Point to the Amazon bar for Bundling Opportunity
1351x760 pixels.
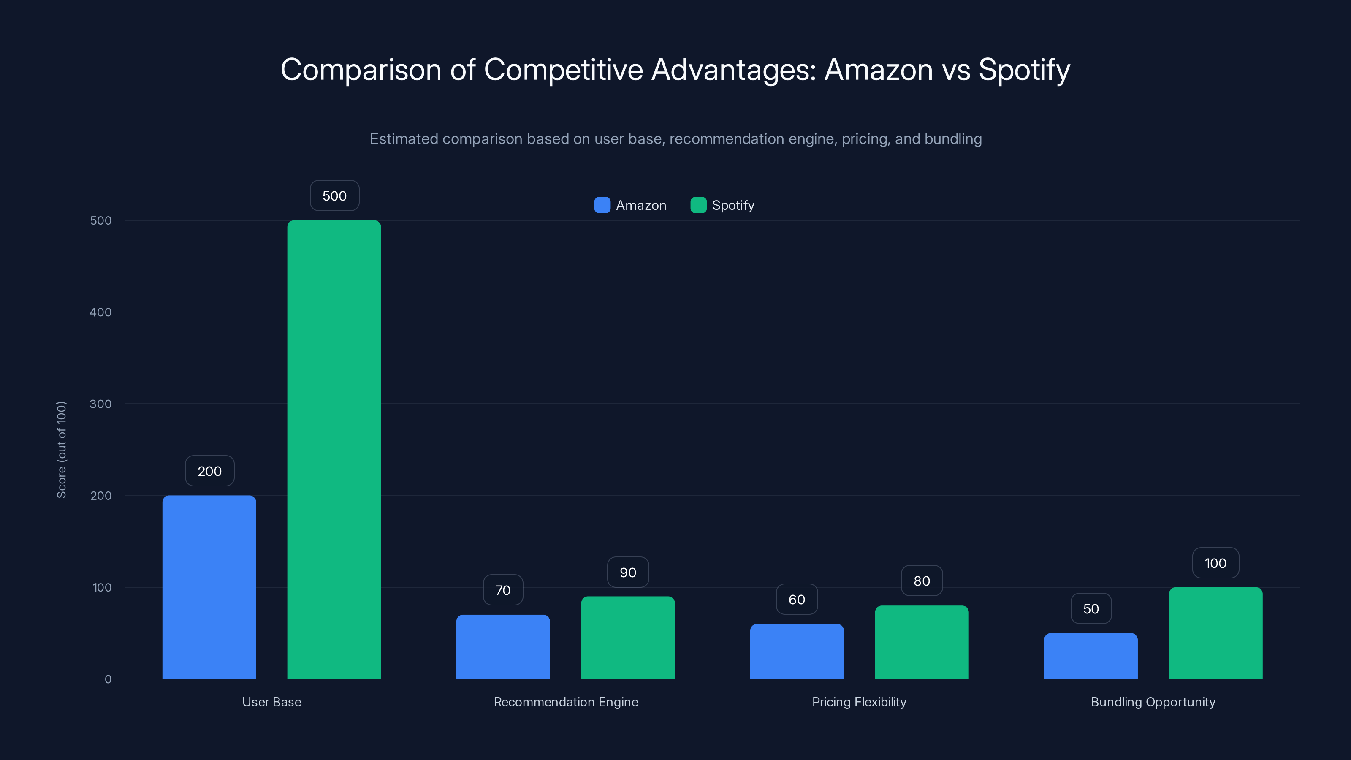1091,656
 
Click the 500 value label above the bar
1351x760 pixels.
335,195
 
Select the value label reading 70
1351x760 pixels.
503,590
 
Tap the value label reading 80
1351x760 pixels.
922,581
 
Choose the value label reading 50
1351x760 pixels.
1091,608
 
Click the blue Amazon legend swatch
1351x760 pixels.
602,205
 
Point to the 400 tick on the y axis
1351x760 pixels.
101,312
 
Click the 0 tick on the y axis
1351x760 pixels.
108,679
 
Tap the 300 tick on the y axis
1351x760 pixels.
101,404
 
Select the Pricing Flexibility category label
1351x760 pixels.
859,702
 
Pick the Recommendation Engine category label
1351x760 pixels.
566,702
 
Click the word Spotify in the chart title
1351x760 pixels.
1024,70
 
